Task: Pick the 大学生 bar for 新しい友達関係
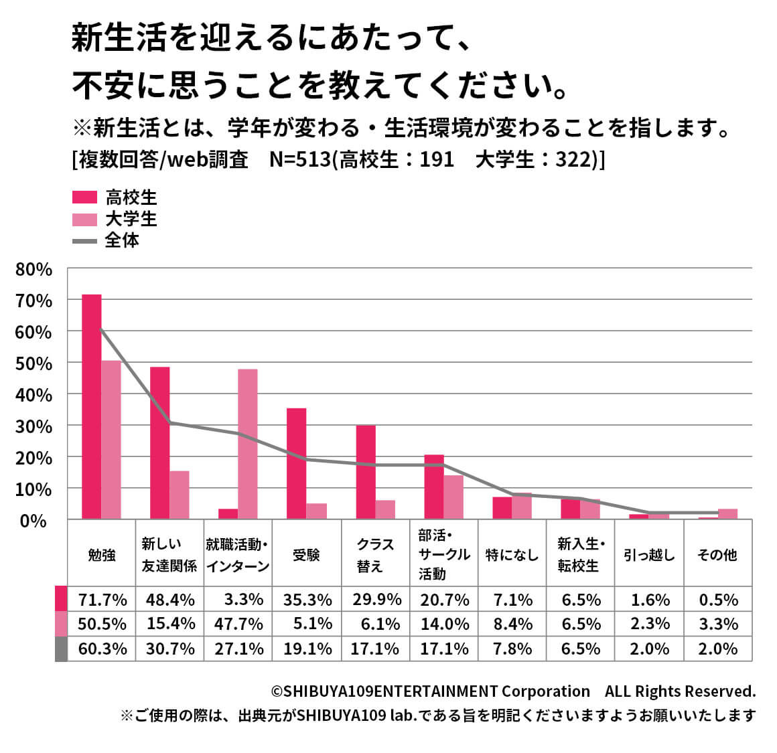tap(179, 495)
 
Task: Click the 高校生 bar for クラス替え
tap(365, 472)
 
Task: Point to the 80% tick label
tap(34, 270)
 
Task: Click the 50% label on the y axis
tap(34, 363)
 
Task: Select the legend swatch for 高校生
tap(84, 197)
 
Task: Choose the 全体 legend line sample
tap(84, 240)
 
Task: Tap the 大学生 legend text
tap(131, 219)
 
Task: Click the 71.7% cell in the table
tap(102, 600)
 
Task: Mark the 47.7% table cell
tap(238, 624)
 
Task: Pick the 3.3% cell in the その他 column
tap(718, 624)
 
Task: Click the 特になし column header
tap(512, 555)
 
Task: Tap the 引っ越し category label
tap(648, 555)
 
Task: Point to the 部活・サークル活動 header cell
tap(443, 555)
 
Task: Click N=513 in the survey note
tap(300, 160)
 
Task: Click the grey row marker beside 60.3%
tap(61, 649)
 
